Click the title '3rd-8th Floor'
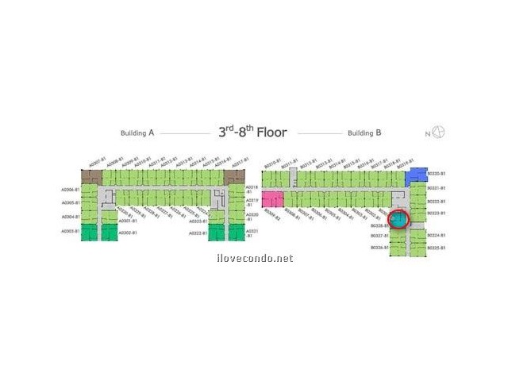[252, 133]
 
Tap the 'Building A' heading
[137, 133]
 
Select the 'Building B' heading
[364, 133]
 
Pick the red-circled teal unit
[398, 219]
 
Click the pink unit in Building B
[272, 199]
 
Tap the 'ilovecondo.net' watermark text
[254, 258]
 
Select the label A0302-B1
[128, 233]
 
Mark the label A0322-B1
[198, 233]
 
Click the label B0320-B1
[437, 173]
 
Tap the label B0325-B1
[437, 248]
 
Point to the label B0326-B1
[379, 248]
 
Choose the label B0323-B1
[437, 213]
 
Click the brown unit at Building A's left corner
[91, 176]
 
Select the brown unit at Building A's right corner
[235, 176]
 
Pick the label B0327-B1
[379, 236]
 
